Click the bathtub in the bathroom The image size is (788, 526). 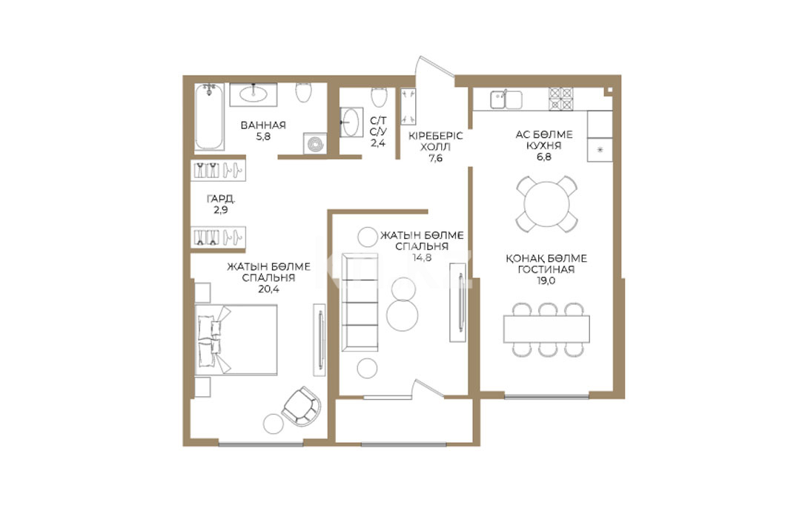pyautogui.click(x=209, y=116)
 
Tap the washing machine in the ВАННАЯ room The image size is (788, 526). pyautogui.click(x=315, y=144)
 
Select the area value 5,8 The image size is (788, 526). pyautogui.click(x=263, y=137)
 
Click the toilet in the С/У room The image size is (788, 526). pyautogui.click(x=379, y=97)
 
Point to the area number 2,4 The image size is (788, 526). pyautogui.click(x=378, y=143)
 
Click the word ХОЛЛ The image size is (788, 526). pyautogui.click(x=435, y=148)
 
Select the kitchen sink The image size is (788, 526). pyautogui.click(x=506, y=99)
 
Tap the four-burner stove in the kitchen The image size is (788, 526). pyautogui.click(x=560, y=99)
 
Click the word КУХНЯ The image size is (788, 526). pyautogui.click(x=544, y=146)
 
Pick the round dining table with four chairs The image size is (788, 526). pyautogui.click(x=546, y=204)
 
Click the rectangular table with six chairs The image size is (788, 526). pyautogui.click(x=547, y=329)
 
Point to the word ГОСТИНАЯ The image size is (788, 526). pyautogui.click(x=546, y=269)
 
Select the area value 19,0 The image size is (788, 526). pyautogui.click(x=546, y=281)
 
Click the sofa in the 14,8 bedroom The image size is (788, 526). pyautogui.click(x=360, y=302)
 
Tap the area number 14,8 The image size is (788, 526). pyautogui.click(x=422, y=258)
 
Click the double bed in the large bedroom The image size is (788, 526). pyautogui.click(x=236, y=340)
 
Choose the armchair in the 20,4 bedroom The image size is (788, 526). pyautogui.click(x=302, y=406)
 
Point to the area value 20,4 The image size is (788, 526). pyautogui.click(x=268, y=289)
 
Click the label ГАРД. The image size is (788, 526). pyautogui.click(x=221, y=199)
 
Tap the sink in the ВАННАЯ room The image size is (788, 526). pyautogui.click(x=254, y=94)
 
